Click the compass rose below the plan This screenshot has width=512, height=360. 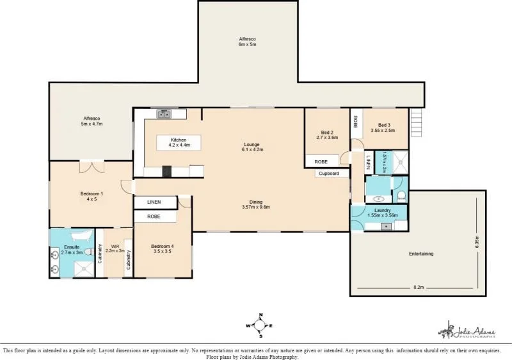point(260,325)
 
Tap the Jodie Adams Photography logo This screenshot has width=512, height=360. point(467,331)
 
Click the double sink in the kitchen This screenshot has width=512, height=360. point(164,114)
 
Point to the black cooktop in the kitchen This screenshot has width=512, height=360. point(167,171)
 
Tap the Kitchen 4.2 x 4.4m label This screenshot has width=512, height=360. point(179,142)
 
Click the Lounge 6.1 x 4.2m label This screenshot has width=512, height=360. point(252,147)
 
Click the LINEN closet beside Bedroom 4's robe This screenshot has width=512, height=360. point(154,202)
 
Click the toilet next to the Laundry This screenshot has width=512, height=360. point(401,196)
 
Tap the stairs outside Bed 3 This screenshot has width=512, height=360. point(417,119)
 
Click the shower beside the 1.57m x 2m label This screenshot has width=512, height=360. point(400,162)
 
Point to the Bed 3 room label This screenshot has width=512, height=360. point(384,127)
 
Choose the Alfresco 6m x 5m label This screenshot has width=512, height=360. point(248,42)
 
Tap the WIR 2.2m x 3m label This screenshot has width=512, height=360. point(115,249)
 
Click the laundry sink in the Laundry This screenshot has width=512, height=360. point(387,225)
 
